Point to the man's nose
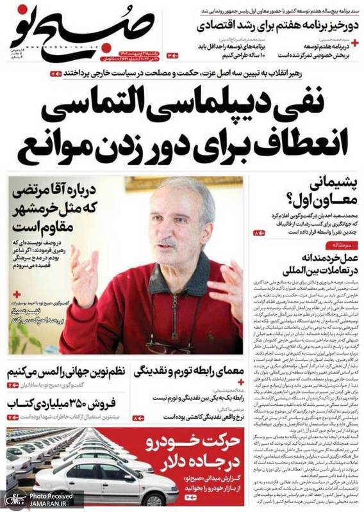coord(168,232)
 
